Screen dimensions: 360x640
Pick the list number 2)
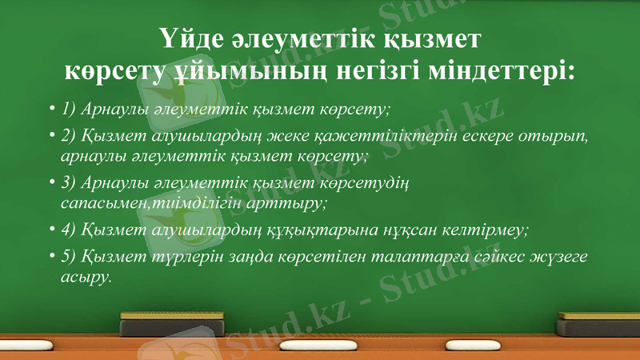click(x=69, y=135)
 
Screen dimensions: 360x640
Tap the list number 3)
click(x=69, y=183)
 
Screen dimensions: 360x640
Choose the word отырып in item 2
click(x=561, y=135)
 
